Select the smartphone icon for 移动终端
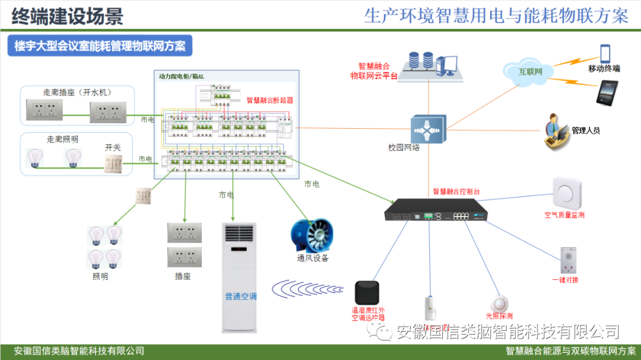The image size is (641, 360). (605, 53)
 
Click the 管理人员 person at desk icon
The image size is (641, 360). (557, 130)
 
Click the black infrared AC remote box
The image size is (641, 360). (367, 292)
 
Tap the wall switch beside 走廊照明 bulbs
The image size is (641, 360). (113, 164)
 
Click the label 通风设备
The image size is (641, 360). (313, 259)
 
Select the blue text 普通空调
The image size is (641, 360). (240, 297)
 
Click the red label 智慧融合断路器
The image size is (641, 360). (269, 101)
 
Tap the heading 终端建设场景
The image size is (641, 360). (67, 16)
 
